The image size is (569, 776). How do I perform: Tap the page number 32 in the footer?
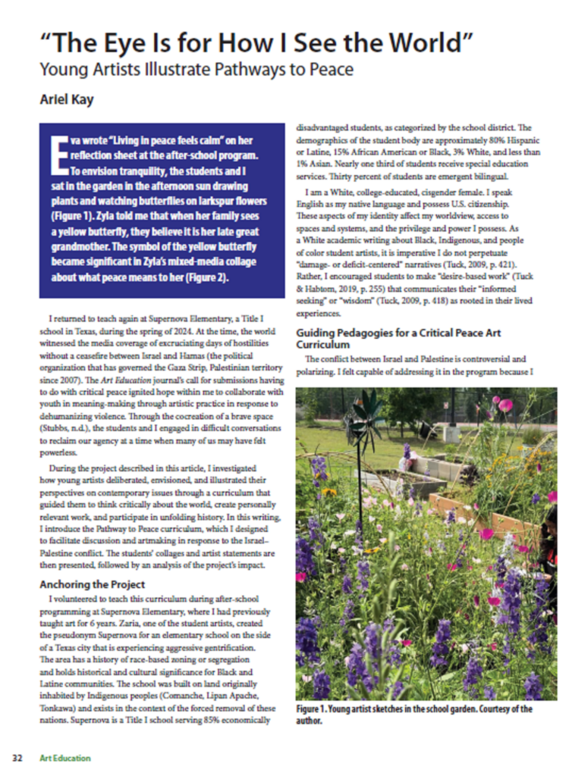[x=17, y=757]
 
